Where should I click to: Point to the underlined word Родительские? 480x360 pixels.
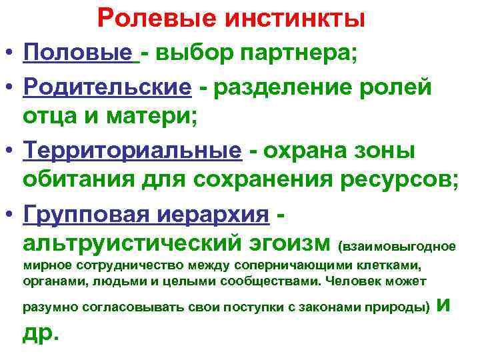(107, 89)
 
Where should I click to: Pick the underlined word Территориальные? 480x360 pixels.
(131, 151)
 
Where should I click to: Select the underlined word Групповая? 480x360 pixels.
(88, 214)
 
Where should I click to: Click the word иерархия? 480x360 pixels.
(213, 214)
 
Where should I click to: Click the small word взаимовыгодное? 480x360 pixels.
(399, 246)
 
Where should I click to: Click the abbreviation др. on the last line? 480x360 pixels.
(41, 334)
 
